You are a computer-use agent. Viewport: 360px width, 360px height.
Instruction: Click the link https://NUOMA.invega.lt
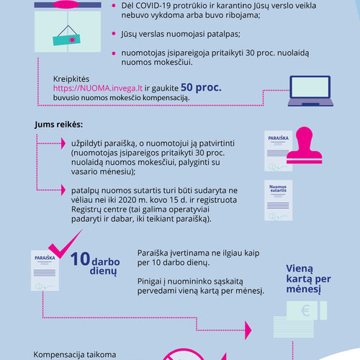point(98,89)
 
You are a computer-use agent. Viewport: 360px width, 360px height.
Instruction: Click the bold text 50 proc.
point(201,88)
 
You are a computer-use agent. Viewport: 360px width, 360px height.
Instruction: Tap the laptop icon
point(310,91)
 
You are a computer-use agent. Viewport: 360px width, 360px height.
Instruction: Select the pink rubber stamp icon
point(305,145)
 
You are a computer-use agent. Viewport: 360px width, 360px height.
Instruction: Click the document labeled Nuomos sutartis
point(279,200)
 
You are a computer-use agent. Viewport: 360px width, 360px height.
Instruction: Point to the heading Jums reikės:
point(58,125)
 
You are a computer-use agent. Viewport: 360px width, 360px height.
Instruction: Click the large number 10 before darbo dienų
point(80,259)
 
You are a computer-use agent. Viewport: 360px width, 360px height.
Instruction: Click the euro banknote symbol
point(305,311)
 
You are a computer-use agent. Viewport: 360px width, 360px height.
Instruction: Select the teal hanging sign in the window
point(66,40)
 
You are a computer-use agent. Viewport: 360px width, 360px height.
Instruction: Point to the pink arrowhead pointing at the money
point(248,330)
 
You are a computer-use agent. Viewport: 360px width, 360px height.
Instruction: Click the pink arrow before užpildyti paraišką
point(63,143)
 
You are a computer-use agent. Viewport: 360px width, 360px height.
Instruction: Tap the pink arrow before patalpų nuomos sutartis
point(63,190)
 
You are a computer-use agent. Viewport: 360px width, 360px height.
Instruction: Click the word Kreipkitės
point(71,79)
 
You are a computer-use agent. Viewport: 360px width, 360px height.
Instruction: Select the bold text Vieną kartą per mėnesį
point(308,279)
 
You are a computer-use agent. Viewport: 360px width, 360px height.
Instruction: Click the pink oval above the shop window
point(66,4)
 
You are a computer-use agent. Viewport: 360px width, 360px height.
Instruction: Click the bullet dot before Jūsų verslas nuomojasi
point(114,34)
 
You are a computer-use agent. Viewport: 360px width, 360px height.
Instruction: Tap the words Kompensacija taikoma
point(75,354)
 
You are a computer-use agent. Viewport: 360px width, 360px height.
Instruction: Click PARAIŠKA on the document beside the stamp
point(279,138)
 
